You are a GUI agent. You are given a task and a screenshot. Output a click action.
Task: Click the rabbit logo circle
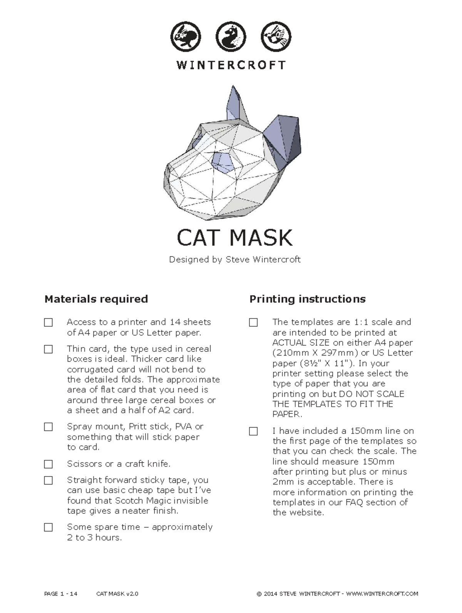pos(186,37)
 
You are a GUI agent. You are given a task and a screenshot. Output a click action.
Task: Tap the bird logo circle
pos(276,37)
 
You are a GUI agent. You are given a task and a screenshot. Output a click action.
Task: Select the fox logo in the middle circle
pos(231,37)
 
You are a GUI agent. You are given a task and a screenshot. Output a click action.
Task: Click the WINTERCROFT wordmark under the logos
pos(231,65)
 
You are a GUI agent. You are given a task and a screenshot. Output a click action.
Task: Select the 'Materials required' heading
pos(96,299)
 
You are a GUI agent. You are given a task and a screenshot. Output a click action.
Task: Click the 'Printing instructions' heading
pos(307,299)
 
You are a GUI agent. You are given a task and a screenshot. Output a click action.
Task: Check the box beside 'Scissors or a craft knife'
pos(49,464)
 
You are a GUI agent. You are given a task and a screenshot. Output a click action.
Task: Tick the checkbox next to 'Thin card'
pos(49,349)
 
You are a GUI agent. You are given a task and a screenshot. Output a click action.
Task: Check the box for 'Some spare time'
pos(49,527)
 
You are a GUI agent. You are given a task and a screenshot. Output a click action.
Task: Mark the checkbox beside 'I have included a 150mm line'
pos(253,431)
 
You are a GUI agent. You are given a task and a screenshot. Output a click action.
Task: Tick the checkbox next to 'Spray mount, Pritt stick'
pos(49,427)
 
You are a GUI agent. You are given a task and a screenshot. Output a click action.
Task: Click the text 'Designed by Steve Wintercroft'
pos(234,259)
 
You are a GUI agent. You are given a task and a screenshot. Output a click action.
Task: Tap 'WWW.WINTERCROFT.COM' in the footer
pos(382,594)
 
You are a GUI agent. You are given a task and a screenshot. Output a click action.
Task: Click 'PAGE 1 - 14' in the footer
pos(61,594)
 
